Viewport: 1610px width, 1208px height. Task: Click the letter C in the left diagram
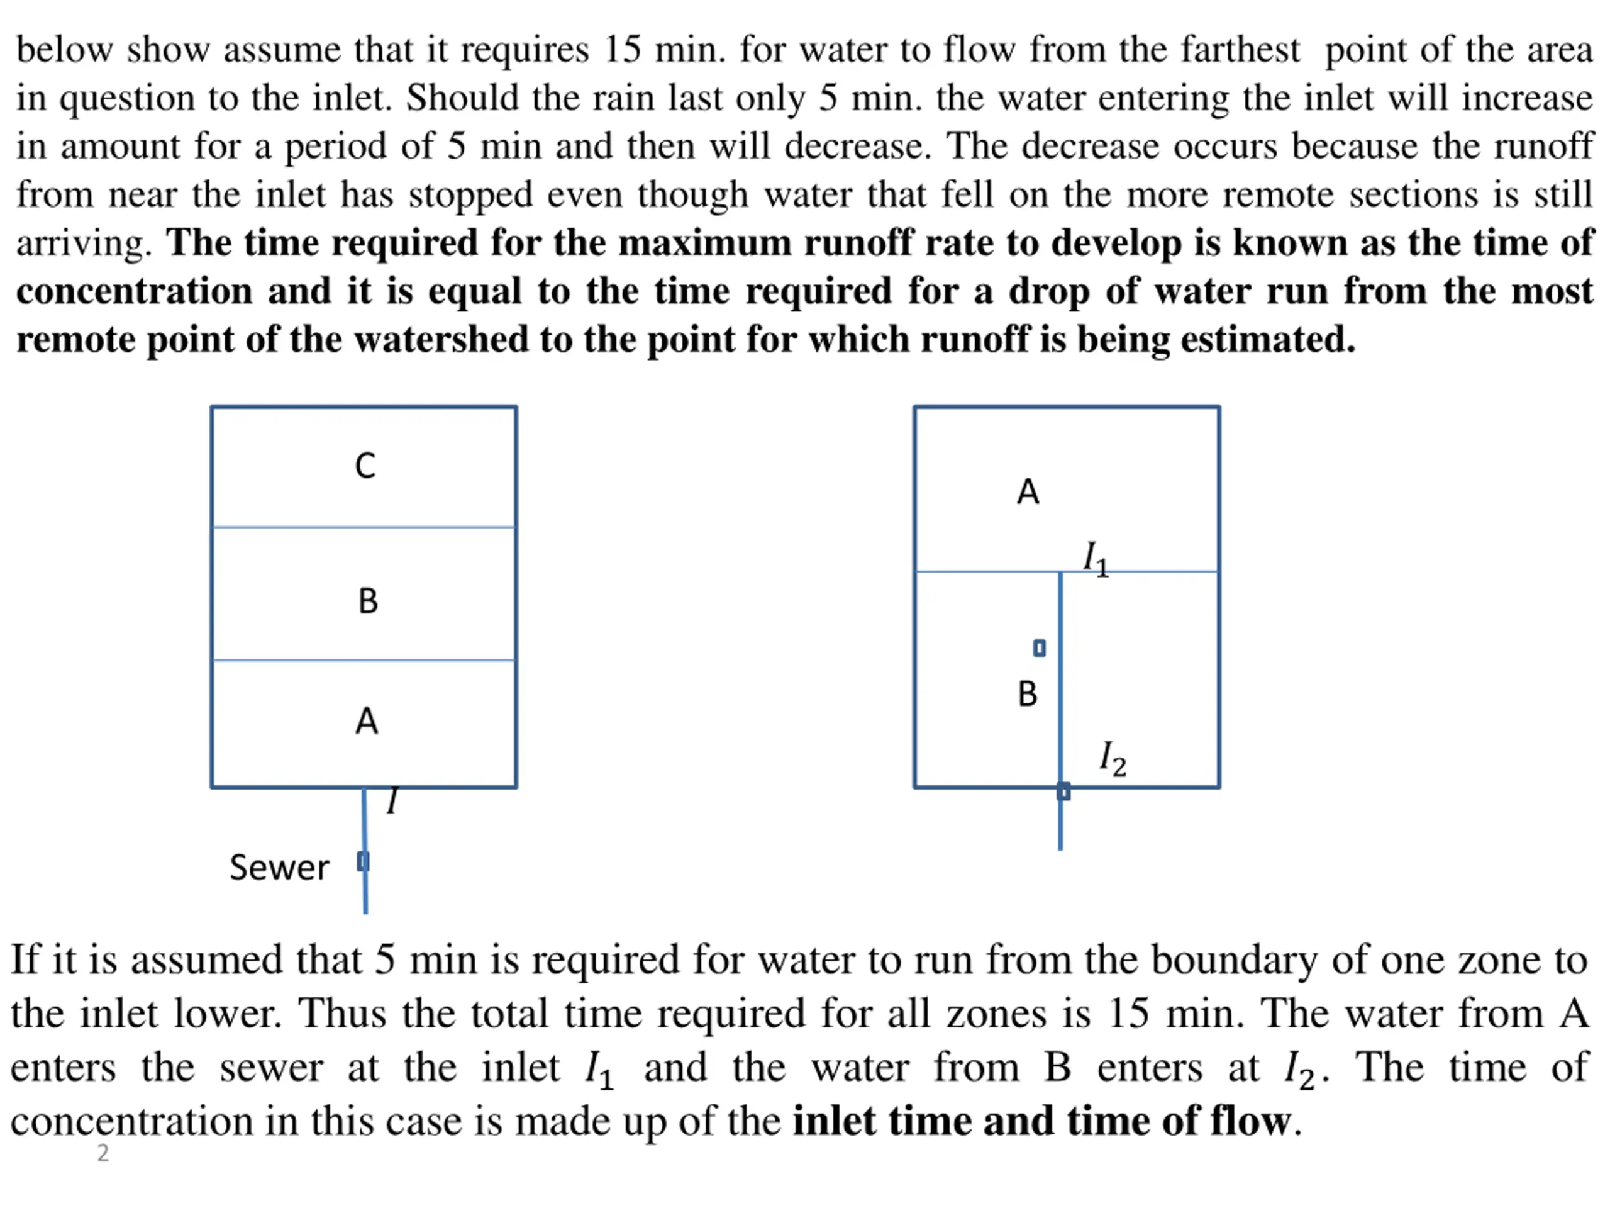click(x=365, y=466)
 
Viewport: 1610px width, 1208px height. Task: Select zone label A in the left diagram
click(x=366, y=722)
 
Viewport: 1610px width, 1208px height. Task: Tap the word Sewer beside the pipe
click(x=279, y=867)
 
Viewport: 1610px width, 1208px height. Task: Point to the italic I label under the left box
click(x=392, y=801)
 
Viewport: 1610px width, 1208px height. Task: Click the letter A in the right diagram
click(x=1028, y=492)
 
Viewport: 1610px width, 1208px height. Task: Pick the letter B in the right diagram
click(x=1027, y=694)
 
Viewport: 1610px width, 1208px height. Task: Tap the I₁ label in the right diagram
click(x=1096, y=559)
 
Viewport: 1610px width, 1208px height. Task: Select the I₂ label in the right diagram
click(x=1112, y=759)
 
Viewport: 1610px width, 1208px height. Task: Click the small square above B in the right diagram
click(x=1040, y=648)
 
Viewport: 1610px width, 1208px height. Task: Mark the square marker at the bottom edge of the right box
click(x=1063, y=791)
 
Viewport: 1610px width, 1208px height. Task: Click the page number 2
click(x=103, y=1153)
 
